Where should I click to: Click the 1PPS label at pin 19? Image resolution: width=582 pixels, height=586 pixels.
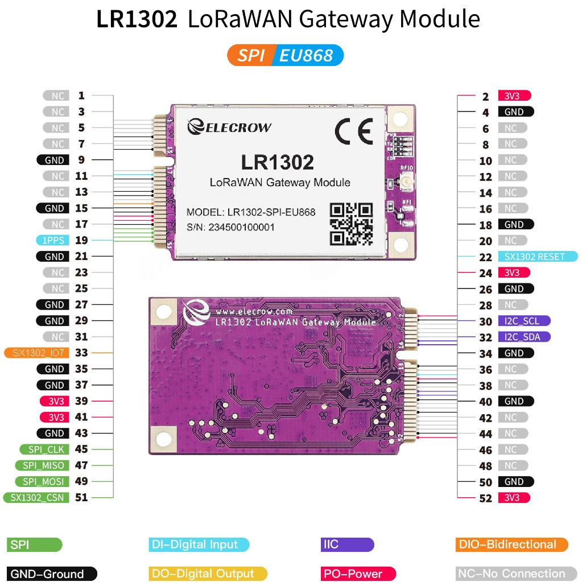point(53,240)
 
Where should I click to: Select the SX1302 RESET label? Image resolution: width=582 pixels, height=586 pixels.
point(538,257)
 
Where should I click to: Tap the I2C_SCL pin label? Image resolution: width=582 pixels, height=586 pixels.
point(524,321)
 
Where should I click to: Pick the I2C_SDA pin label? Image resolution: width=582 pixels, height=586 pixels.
point(524,337)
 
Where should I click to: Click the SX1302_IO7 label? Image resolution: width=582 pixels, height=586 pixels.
point(36,353)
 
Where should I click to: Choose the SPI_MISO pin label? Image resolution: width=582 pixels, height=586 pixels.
point(42,465)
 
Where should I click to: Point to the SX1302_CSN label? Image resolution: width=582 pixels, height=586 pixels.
point(36,497)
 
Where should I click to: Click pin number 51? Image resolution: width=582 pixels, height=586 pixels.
point(81,497)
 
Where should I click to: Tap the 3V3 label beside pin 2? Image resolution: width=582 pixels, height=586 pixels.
point(514,96)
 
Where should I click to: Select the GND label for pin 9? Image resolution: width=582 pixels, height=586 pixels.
point(53,160)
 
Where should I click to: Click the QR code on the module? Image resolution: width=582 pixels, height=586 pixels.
point(352,224)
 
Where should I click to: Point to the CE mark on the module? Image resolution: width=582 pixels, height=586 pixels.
point(354,131)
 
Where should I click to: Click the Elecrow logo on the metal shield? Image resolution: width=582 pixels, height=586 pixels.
point(229,127)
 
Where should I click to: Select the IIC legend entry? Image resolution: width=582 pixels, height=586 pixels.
point(347,544)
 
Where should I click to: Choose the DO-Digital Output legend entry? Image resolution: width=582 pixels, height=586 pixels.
point(208,573)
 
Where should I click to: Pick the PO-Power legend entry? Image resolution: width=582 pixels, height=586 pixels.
point(358,573)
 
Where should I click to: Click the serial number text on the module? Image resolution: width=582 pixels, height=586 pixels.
point(230,227)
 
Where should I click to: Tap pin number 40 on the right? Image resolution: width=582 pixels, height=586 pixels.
point(486,402)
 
